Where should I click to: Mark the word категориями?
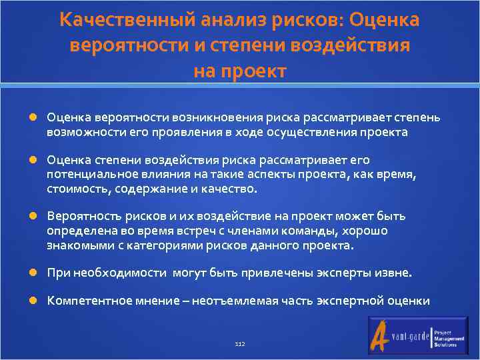point(148,245)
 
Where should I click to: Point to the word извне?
point(394,273)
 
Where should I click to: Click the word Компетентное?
point(87,301)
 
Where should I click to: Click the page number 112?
point(240,344)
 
